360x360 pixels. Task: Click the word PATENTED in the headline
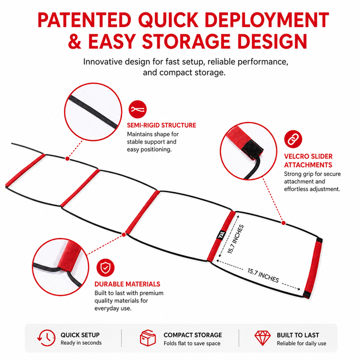pyautogui.click(x=84, y=20)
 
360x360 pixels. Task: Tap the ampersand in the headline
pyautogui.click(x=75, y=41)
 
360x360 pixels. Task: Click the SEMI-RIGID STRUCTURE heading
pyautogui.click(x=161, y=125)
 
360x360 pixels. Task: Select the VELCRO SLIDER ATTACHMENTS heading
pyautogui.click(x=308, y=160)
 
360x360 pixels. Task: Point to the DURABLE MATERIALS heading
pyautogui.click(x=127, y=284)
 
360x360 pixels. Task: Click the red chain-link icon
pyautogui.click(x=293, y=139)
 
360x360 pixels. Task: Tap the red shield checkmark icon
pyautogui.click(x=105, y=267)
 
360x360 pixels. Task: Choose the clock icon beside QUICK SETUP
pyautogui.click(x=46, y=337)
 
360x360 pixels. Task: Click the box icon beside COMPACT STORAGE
pyautogui.click(x=148, y=337)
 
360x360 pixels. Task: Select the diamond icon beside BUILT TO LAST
pyautogui.click(x=262, y=338)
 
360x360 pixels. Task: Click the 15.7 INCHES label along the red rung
pyautogui.click(x=235, y=239)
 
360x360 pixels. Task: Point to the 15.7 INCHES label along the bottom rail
pyautogui.click(x=263, y=275)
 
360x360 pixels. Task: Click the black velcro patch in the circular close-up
pyautogui.click(x=252, y=149)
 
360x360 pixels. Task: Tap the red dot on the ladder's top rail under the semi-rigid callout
pyautogui.click(x=67, y=158)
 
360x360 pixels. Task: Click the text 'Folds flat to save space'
pyautogui.click(x=192, y=343)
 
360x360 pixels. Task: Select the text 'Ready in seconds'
pyautogui.click(x=81, y=343)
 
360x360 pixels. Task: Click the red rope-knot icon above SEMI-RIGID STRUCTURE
pyautogui.click(x=137, y=109)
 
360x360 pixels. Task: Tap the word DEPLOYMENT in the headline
pyautogui.click(x=266, y=20)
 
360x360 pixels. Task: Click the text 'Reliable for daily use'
pyautogui.click(x=301, y=343)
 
